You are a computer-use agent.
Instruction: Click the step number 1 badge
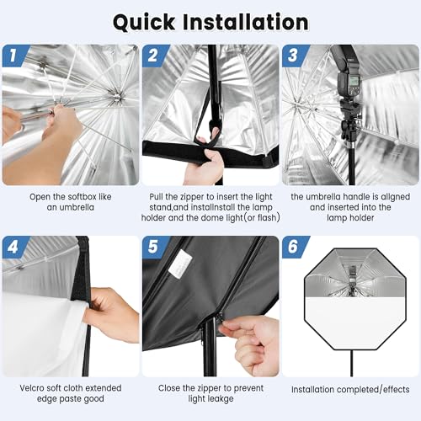[14, 56]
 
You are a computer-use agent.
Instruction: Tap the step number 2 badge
[153, 56]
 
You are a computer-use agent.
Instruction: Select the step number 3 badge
[293, 56]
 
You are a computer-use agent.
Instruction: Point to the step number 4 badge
[14, 248]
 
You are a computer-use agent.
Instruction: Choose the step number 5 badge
[153, 248]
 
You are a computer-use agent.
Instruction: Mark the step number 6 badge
[293, 248]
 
